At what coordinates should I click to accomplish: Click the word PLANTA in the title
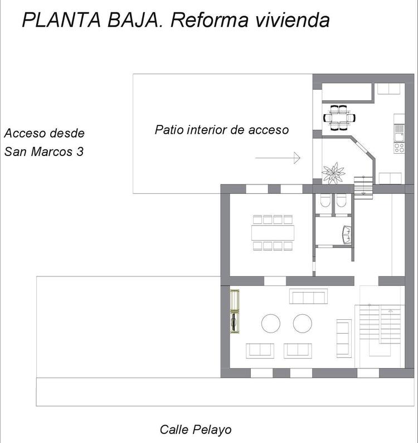(x=61, y=20)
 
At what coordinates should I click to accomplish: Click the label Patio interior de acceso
(x=222, y=130)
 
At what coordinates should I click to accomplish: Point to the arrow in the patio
(x=278, y=158)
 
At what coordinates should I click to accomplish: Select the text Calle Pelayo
(x=196, y=430)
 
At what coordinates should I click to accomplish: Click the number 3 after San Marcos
(x=80, y=152)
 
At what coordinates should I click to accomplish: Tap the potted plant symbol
(x=333, y=173)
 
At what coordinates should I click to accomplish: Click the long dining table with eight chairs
(x=273, y=233)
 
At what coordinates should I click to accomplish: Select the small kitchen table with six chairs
(x=339, y=118)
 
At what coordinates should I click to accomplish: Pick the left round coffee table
(x=271, y=324)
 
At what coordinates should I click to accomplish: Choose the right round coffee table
(x=303, y=324)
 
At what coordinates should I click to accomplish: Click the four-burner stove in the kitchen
(x=399, y=148)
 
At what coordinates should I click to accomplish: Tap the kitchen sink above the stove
(x=400, y=133)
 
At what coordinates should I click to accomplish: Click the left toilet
(x=325, y=200)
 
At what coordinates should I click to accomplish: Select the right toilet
(x=341, y=200)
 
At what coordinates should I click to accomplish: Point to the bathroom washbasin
(x=347, y=235)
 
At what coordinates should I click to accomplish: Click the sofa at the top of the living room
(x=308, y=296)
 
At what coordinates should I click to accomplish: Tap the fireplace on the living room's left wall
(x=235, y=311)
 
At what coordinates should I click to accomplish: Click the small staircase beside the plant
(x=363, y=187)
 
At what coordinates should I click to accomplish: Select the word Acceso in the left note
(x=25, y=133)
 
